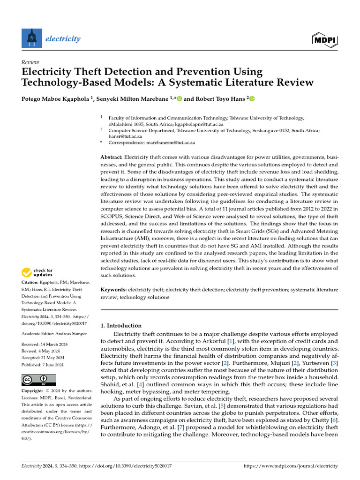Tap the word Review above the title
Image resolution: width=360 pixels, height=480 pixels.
[30, 62]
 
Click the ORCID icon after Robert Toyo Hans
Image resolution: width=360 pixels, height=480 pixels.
[251, 99]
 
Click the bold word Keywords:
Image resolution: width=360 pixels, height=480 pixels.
[114, 290]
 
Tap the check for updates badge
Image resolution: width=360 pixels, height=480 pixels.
[37, 272]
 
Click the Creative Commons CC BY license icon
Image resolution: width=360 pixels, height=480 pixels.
[38, 379]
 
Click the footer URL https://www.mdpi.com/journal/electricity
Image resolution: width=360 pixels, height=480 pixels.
[291, 466]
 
